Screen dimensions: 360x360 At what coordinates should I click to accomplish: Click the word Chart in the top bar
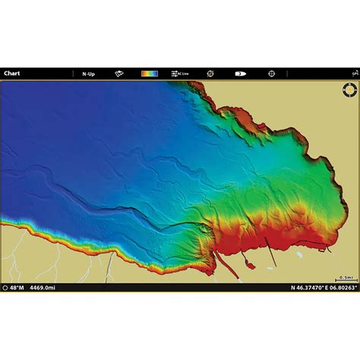click(x=11, y=74)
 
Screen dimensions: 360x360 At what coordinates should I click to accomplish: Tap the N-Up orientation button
click(x=89, y=74)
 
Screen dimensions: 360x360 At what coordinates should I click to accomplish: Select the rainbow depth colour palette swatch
click(x=150, y=74)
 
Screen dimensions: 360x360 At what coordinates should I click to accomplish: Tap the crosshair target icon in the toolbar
click(x=270, y=74)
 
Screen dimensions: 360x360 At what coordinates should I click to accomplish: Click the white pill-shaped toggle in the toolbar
click(x=240, y=74)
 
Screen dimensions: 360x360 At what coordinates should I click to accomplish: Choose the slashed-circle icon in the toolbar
click(x=210, y=74)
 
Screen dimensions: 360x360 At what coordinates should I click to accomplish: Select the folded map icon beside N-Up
click(x=119, y=74)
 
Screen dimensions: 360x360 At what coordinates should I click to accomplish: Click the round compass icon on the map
click(x=348, y=90)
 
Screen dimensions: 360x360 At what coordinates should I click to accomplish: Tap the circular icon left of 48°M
click(x=5, y=288)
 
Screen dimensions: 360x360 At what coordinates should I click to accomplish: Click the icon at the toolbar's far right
click(x=354, y=74)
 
